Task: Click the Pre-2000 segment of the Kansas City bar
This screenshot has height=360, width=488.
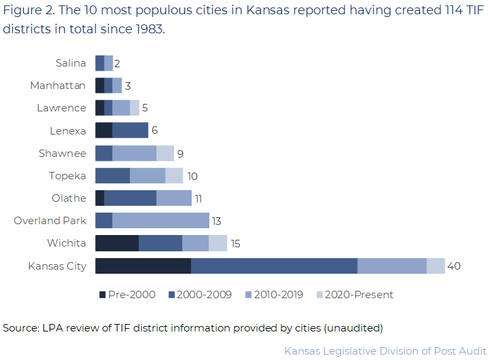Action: point(143,266)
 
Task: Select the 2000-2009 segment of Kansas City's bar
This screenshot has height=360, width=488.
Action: point(274,266)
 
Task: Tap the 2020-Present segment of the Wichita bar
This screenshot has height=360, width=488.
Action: point(217,243)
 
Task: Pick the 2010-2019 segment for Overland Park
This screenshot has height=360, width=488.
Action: point(160,220)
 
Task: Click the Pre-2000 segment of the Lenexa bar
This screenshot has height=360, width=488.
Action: point(103,130)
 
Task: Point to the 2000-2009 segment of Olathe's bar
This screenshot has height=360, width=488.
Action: point(130,198)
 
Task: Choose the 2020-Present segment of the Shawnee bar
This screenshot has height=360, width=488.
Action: point(165,153)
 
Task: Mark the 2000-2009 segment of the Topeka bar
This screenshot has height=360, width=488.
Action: point(112,175)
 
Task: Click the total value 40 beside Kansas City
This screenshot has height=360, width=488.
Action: point(454,266)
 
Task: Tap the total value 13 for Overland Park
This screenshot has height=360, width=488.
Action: point(216,221)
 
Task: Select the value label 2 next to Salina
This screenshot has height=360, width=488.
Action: point(117,63)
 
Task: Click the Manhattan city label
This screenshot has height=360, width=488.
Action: point(58,86)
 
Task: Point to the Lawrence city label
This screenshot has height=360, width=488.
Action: point(61,108)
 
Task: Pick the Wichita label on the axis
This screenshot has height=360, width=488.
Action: point(67,243)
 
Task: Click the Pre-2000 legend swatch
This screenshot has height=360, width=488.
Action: point(103,295)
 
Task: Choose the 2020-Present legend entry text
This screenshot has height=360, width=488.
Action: point(359,295)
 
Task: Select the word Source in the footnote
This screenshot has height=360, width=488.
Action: point(20,328)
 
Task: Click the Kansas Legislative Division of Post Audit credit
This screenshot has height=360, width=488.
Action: point(385,351)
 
